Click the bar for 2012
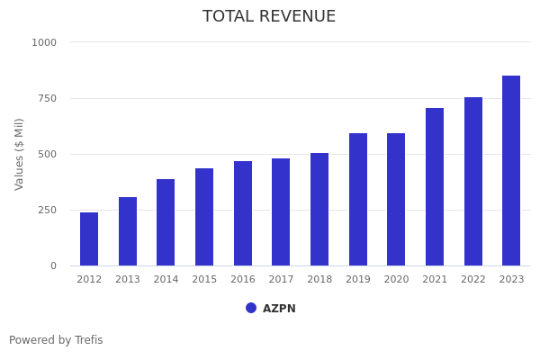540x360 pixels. click(89, 239)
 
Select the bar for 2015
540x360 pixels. click(204, 217)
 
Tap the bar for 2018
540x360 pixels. click(319, 210)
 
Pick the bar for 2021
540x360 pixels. click(435, 187)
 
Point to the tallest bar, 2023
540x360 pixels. click(511, 171)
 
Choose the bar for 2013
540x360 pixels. click(128, 231)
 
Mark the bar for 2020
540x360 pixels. click(396, 200)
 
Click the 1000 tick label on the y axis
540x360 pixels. click(44, 42)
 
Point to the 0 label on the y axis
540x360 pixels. click(53, 265)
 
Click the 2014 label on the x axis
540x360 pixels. click(166, 280)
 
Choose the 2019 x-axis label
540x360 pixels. click(358, 280)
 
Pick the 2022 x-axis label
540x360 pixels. click(473, 280)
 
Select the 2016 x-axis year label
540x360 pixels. click(243, 280)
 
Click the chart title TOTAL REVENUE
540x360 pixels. click(269, 17)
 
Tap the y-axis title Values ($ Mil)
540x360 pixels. click(20, 154)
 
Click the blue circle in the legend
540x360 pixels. click(251, 308)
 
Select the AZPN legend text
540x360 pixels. click(279, 309)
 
